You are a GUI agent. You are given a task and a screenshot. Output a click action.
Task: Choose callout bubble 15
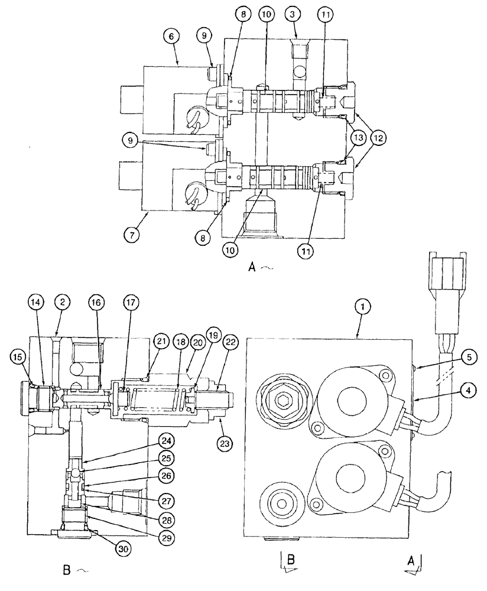tap(18, 357)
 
